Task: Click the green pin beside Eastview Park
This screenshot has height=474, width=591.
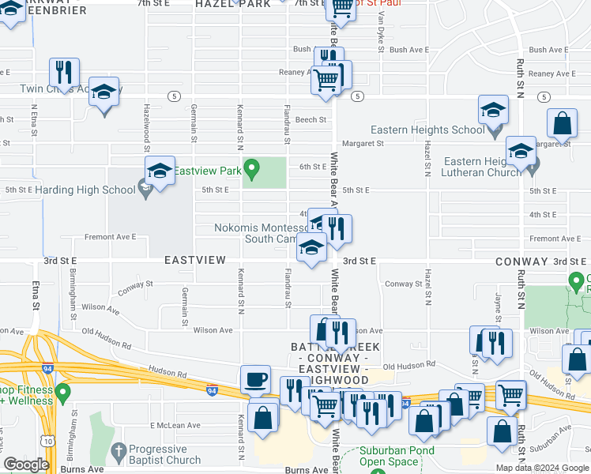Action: click(252, 168)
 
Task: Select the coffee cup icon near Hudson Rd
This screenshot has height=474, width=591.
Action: click(255, 380)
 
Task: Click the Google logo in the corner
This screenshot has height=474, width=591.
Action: click(26, 465)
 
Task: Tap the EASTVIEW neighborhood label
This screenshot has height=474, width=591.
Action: click(194, 260)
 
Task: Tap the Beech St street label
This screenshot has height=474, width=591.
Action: click(311, 120)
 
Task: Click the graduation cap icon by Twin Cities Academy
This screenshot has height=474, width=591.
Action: click(103, 92)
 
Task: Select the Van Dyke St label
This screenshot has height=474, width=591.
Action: click(380, 34)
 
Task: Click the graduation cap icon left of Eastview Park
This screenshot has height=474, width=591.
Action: click(160, 171)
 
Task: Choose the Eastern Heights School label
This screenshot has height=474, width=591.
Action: click(427, 130)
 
